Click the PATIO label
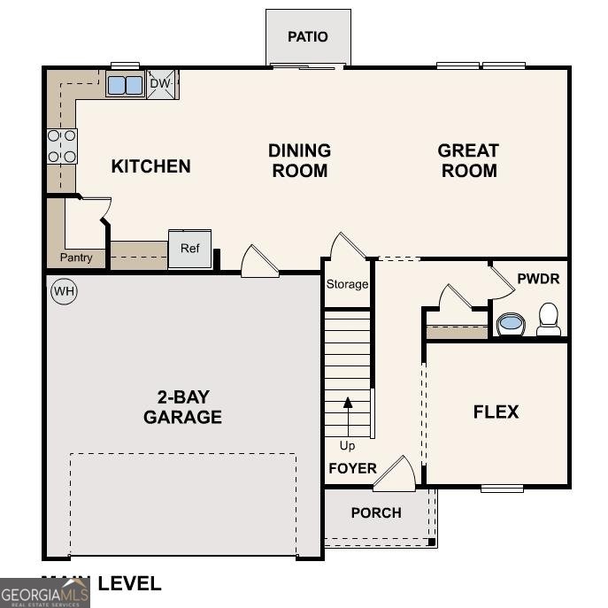(x=307, y=36)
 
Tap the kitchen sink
(x=125, y=85)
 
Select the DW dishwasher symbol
(x=160, y=84)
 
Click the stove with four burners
(x=62, y=146)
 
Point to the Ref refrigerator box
(x=190, y=249)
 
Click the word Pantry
(x=76, y=258)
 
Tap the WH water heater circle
(x=64, y=290)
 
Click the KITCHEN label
(x=150, y=165)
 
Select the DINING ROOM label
(x=299, y=160)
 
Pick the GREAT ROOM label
(x=468, y=160)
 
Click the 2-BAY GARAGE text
(x=182, y=406)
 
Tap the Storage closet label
(x=347, y=284)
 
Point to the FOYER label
(x=352, y=468)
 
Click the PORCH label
(x=375, y=512)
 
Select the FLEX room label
(x=496, y=412)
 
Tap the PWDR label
(x=538, y=279)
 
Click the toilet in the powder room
(x=549, y=318)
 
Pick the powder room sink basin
(x=511, y=323)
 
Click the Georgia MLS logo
(x=45, y=592)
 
